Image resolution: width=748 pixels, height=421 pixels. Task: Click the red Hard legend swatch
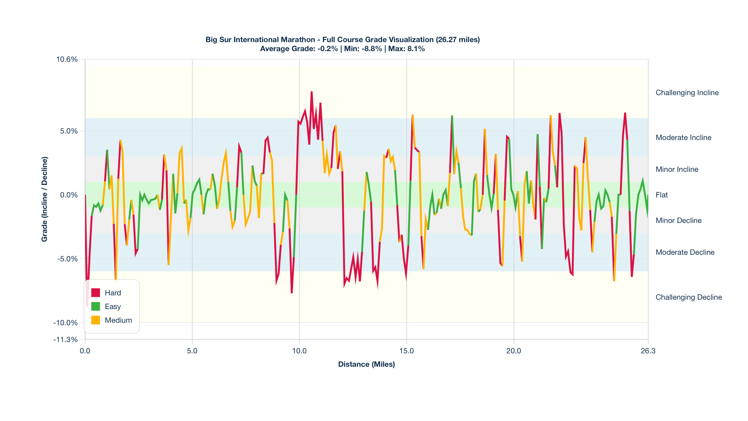pos(96,293)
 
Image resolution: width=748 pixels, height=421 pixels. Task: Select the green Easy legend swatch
pos(96,306)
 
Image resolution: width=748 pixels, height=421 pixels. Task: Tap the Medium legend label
pos(118,320)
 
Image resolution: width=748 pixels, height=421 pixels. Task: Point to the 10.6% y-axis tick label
pos(67,59)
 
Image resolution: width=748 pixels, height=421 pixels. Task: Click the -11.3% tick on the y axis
pos(65,339)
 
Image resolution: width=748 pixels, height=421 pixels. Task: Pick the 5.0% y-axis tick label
pos(69,131)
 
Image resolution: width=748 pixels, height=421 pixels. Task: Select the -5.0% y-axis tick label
pos(67,259)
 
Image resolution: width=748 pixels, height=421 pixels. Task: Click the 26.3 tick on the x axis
pos(648,351)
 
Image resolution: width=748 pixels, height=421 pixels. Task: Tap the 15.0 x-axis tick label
pos(406,351)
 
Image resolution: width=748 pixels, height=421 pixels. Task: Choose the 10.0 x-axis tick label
pos(299,351)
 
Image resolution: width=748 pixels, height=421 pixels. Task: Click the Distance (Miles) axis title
pos(367,364)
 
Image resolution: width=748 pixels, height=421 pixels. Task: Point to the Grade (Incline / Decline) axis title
pos(45,199)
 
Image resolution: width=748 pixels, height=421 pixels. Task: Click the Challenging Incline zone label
pos(687,93)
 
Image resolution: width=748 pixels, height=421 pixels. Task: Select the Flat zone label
pos(662,195)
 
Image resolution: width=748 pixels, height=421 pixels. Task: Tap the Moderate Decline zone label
pos(685,252)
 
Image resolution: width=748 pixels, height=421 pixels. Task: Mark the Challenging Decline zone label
pos(688,297)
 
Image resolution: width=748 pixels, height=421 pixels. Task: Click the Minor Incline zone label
pos(677,169)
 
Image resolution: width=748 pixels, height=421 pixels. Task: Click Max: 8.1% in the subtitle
pos(406,49)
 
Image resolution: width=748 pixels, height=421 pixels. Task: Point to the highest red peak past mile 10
pos(311,92)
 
